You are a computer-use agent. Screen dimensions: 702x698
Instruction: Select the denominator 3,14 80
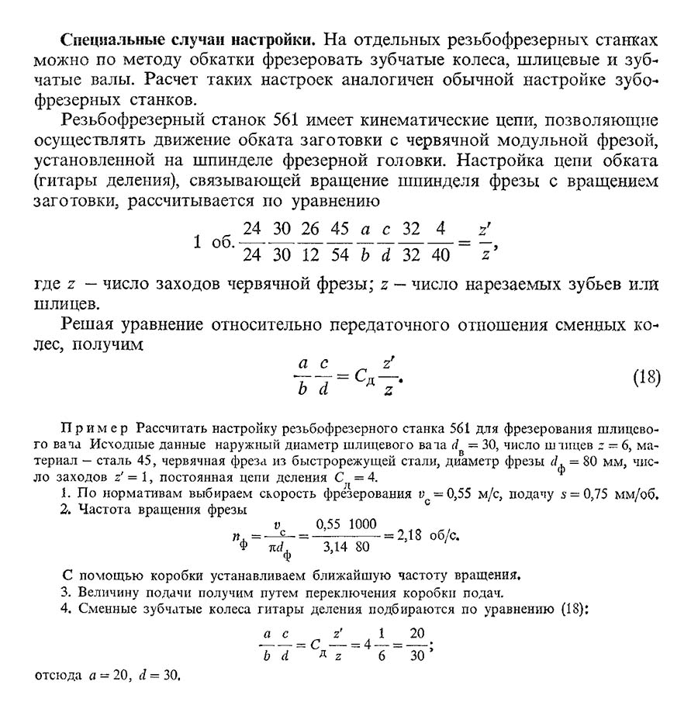coord(348,547)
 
